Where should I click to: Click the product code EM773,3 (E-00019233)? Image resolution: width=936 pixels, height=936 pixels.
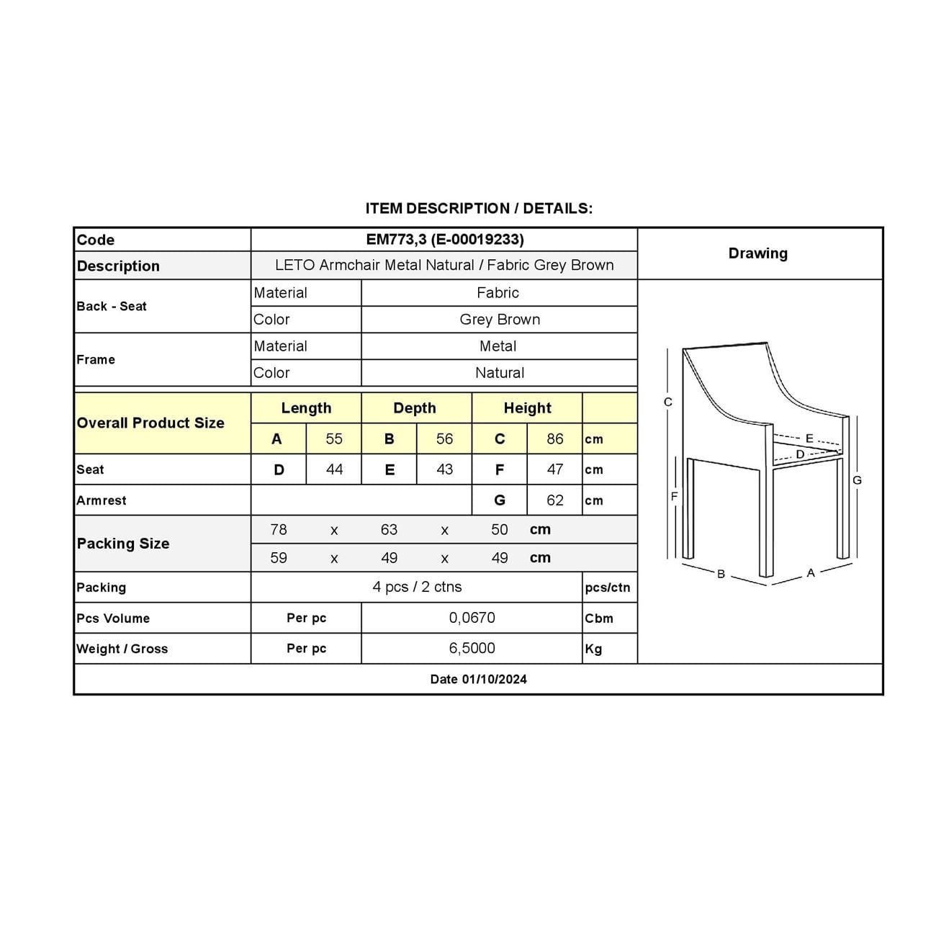(444, 239)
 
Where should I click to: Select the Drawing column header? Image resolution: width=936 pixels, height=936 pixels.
(757, 253)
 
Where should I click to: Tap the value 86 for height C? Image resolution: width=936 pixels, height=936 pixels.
(554, 438)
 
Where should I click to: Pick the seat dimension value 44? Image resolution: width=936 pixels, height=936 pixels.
(334, 469)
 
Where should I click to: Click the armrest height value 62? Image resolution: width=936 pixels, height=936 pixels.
(554, 500)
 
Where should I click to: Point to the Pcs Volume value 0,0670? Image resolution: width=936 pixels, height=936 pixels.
(472, 618)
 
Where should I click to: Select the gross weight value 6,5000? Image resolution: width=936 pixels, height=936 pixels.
(472, 648)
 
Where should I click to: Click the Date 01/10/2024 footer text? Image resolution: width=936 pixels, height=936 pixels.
(478, 679)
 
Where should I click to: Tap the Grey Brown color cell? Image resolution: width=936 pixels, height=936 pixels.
(500, 319)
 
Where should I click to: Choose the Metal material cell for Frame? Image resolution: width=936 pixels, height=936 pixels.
(498, 346)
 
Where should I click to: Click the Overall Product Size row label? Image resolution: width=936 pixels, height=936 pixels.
(150, 423)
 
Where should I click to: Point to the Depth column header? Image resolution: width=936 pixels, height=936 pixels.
(415, 408)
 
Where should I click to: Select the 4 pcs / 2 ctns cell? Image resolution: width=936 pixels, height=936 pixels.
(417, 587)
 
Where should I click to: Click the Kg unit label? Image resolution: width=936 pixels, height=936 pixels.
(593, 649)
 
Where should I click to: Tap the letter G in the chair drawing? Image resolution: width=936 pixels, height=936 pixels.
(857, 480)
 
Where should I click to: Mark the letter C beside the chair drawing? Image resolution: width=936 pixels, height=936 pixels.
(668, 402)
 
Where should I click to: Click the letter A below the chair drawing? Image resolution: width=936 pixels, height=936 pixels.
(811, 573)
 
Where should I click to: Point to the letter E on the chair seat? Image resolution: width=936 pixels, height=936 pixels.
(809, 438)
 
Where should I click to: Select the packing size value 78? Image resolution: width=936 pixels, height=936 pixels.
(279, 530)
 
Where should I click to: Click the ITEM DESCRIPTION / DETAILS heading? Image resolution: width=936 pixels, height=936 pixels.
(479, 209)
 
